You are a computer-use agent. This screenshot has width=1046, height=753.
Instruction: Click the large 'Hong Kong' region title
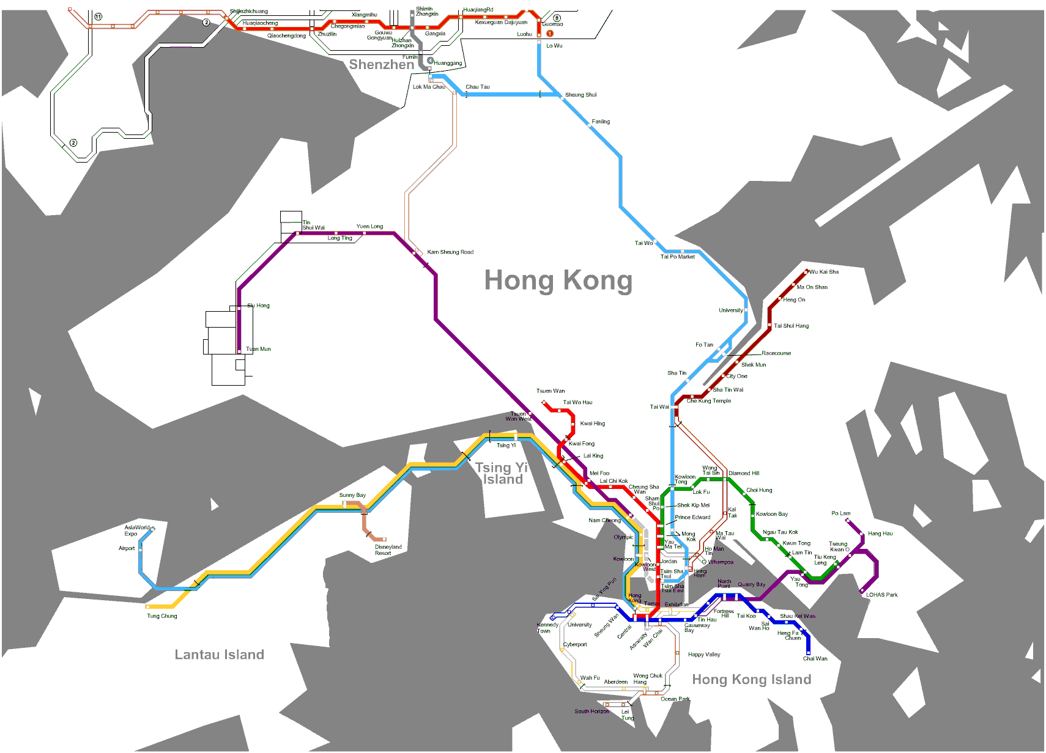pos(558,281)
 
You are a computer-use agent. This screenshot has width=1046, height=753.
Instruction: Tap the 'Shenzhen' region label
pos(381,65)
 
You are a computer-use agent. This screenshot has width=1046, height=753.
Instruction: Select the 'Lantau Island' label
pos(219,655)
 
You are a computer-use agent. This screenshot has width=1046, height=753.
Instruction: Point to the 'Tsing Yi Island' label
pos(502,474)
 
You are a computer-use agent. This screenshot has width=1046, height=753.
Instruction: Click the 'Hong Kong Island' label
pos(751,680)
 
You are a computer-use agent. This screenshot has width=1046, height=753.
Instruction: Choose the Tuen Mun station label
pos(258,349)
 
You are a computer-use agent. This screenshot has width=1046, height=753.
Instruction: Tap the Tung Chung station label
pos(161,616)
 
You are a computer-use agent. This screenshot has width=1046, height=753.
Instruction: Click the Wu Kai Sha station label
pos(823,272)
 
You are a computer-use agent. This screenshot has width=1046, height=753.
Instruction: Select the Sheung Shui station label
pos(580,95)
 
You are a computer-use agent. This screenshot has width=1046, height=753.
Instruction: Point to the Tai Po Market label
pos(677,257)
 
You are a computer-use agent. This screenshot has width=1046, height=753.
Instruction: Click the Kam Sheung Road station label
pos(450,252)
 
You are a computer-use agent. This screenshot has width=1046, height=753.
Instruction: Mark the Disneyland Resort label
pos(388,550)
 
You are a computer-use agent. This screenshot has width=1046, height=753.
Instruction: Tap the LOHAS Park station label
pos(881,595)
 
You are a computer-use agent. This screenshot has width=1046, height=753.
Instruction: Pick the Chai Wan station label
pos(815,659)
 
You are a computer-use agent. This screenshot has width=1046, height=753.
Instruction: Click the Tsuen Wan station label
pos(551,391)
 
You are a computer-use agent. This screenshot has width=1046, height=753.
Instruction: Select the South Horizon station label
pos(592,711)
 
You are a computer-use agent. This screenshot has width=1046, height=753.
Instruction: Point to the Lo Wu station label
pos(554,46)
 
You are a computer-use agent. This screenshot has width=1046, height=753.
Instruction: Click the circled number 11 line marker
pos(98,17)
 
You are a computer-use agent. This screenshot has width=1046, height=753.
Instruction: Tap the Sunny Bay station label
pos(352,495)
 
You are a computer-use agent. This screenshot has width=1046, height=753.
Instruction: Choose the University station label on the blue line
pos(730,310)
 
